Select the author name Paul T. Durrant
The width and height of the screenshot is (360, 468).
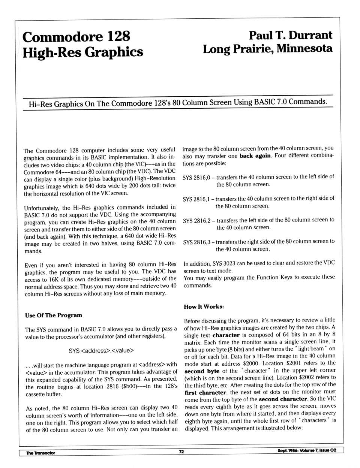(x=290, y=35)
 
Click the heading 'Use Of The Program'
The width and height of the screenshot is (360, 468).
(x=54, y=315)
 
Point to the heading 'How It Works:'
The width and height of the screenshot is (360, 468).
(x=204, y=307)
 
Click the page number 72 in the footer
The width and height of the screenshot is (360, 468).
(x=181, y=452)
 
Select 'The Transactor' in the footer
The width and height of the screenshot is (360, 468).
(x=40, y=453)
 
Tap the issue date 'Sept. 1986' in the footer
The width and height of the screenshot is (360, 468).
(x=287, y=450)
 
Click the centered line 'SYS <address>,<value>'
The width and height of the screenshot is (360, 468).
(x=101, y=351)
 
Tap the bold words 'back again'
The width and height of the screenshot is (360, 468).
(x=255, y=156)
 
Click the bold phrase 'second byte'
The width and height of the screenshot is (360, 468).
(x=202, y=371)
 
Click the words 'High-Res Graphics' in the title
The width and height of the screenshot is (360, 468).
(x=82, y=52)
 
